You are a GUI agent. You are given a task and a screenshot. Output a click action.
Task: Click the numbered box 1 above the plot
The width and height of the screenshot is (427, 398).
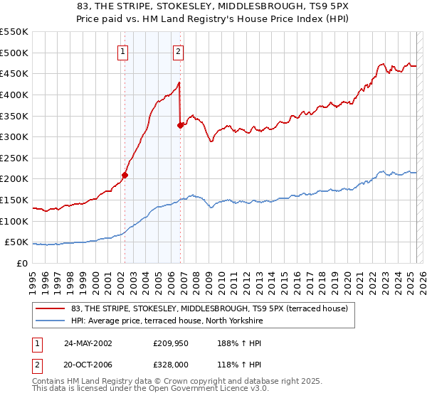(123, 50)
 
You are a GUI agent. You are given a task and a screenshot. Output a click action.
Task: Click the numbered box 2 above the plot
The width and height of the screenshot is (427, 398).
(178, 50)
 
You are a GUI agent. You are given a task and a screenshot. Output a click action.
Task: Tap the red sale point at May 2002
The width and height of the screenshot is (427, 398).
(125, 174)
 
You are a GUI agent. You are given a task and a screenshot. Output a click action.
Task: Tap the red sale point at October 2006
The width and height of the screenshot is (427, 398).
(180, 125)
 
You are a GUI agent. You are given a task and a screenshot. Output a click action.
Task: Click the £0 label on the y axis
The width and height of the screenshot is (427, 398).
(22, 264)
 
